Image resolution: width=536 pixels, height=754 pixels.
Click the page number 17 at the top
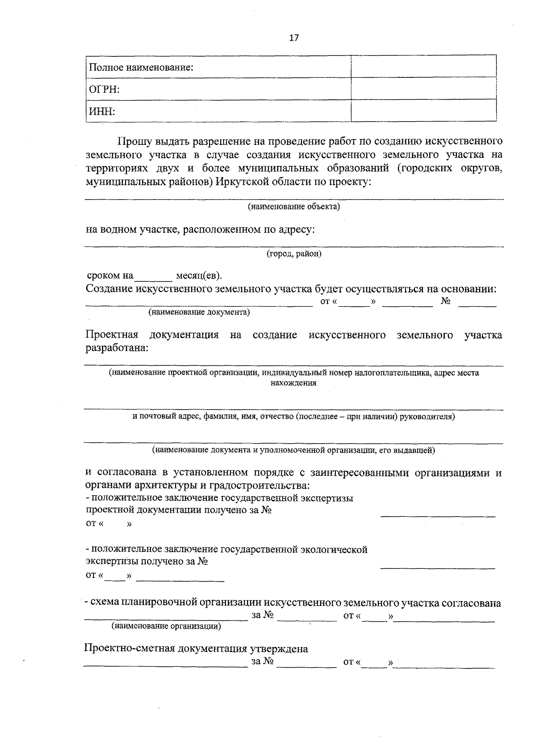pyautogui.click(x=293, y=38)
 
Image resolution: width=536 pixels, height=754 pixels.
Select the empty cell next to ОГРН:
pyautogui.click(x=423, y=89)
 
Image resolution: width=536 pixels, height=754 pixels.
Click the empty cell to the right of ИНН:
pyautogui.click(x=423, y=110)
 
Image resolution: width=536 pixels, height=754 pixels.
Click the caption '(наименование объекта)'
pyautogui.click(x=294, y=207)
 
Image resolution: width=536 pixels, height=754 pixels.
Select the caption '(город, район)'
pyautogui.click(x=294, y=254)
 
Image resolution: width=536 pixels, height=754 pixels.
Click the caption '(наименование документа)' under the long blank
pyautogui.click(x=199, y=312)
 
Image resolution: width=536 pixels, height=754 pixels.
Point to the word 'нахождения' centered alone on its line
pyautogui.click(x=293, y=383)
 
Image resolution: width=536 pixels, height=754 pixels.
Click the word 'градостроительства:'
pyautogui.click(x=264, y=485)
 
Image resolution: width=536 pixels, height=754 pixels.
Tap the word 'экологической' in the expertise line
pyautogui.click(x=334, y=549)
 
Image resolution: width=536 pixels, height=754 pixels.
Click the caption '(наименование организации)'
pyautogui.click(x=166, y=626)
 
